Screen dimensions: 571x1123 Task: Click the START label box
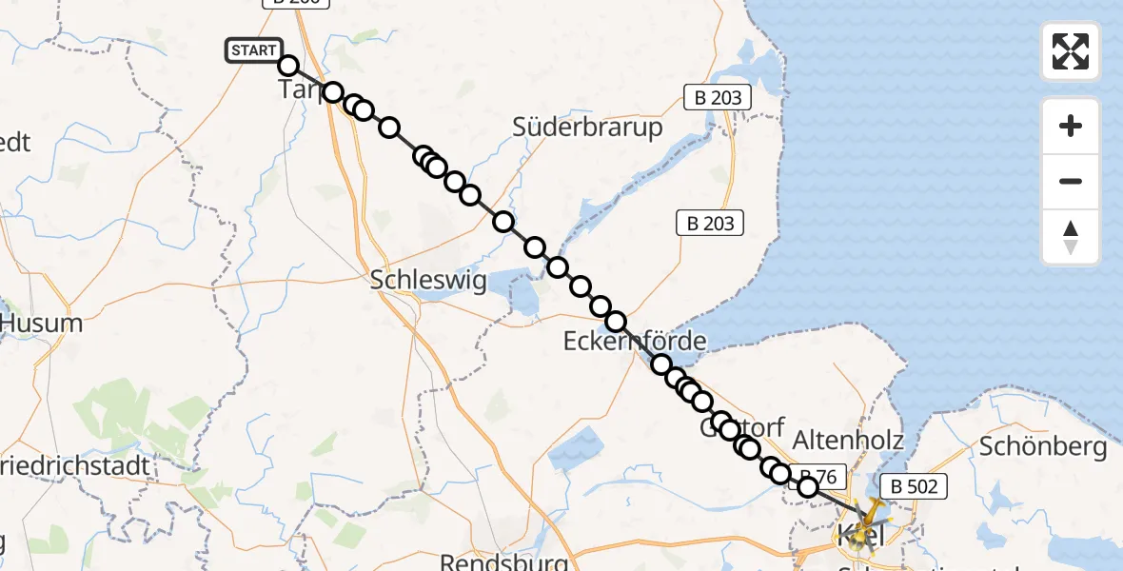click(253, 50)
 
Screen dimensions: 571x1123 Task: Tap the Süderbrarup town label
click(587, 128)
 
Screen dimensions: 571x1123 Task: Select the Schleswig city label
click(427, 281)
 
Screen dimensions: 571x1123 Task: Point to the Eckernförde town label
click(635, 341)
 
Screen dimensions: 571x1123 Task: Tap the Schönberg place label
click(1042, 446)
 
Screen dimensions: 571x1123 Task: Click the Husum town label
click(42, 324)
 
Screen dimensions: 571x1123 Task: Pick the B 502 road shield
click(914, 487)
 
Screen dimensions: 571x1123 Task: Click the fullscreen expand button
click(1071, 51)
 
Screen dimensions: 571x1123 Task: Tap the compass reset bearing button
click(1071, 237)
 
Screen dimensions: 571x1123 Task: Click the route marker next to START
click(288, 66)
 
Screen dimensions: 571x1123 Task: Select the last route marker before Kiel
click(807, 487)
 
